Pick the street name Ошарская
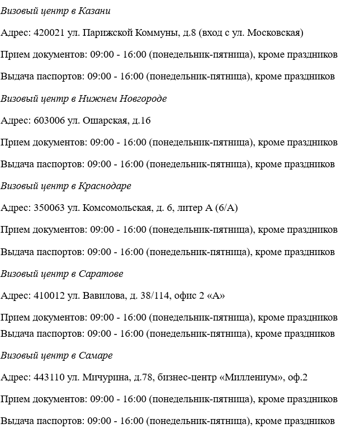[106, 120]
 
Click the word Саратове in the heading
[100, 274]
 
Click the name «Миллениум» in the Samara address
[250, 378]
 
